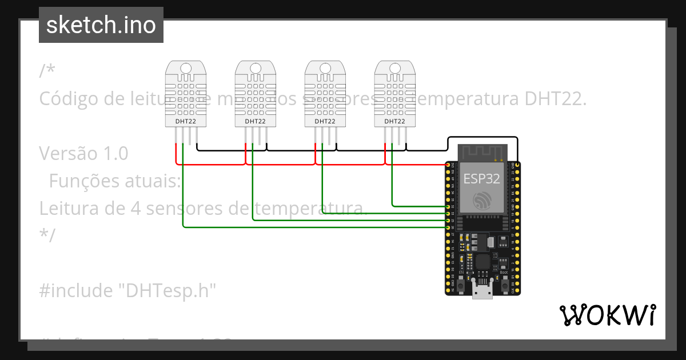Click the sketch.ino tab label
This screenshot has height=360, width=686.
[x=101, y=25]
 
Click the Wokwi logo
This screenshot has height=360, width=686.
[x=607, y=315]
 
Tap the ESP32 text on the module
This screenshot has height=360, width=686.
[x=481, y=178]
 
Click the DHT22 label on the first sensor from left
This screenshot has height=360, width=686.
[x=186, y=121]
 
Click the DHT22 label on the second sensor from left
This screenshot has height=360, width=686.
[x=256, y=121]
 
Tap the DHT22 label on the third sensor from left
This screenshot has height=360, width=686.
[x=325, y=121]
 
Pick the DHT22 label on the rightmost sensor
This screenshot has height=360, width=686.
[x=394, y=121]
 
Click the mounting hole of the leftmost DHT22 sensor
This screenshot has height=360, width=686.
[x=186, y=69]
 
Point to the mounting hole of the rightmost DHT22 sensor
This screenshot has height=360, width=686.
[x=394, y=69]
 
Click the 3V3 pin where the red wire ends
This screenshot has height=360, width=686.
[x=448, y=165]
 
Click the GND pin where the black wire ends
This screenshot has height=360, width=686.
[x=517, y=165]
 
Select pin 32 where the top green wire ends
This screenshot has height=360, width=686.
[x=448, y=206]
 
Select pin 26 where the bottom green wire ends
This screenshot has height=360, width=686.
[x=448, y=227]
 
